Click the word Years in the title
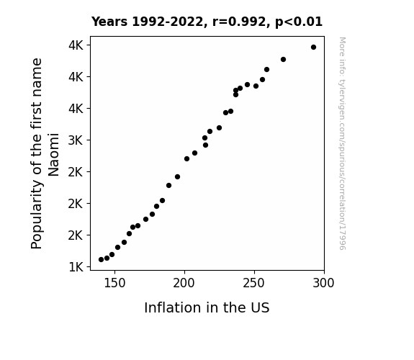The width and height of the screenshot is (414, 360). click(109, 22)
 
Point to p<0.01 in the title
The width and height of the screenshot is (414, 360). click(299, 22)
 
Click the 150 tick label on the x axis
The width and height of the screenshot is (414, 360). click(114, 283)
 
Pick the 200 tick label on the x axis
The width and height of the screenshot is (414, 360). click(184, 283)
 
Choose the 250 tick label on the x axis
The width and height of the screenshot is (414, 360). click(254, 283)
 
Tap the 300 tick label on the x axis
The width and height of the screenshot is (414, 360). click(324, 283)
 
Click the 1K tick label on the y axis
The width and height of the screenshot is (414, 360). click(76, 267)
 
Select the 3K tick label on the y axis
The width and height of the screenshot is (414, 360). click(76, 140)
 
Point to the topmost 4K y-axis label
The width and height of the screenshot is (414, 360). click(76, 45)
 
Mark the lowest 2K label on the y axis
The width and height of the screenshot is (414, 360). click(76, 235)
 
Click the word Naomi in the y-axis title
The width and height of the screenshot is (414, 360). click(53, 155)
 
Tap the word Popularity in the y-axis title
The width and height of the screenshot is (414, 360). click(37, 215)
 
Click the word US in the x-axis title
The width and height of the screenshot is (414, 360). click(260, 308)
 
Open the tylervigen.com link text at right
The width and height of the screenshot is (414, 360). click(342, 143)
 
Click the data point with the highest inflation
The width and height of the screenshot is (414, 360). click(313, 48)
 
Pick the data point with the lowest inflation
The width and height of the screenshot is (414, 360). click(101, 260)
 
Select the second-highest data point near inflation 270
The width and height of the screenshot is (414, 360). click(283, 60)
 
